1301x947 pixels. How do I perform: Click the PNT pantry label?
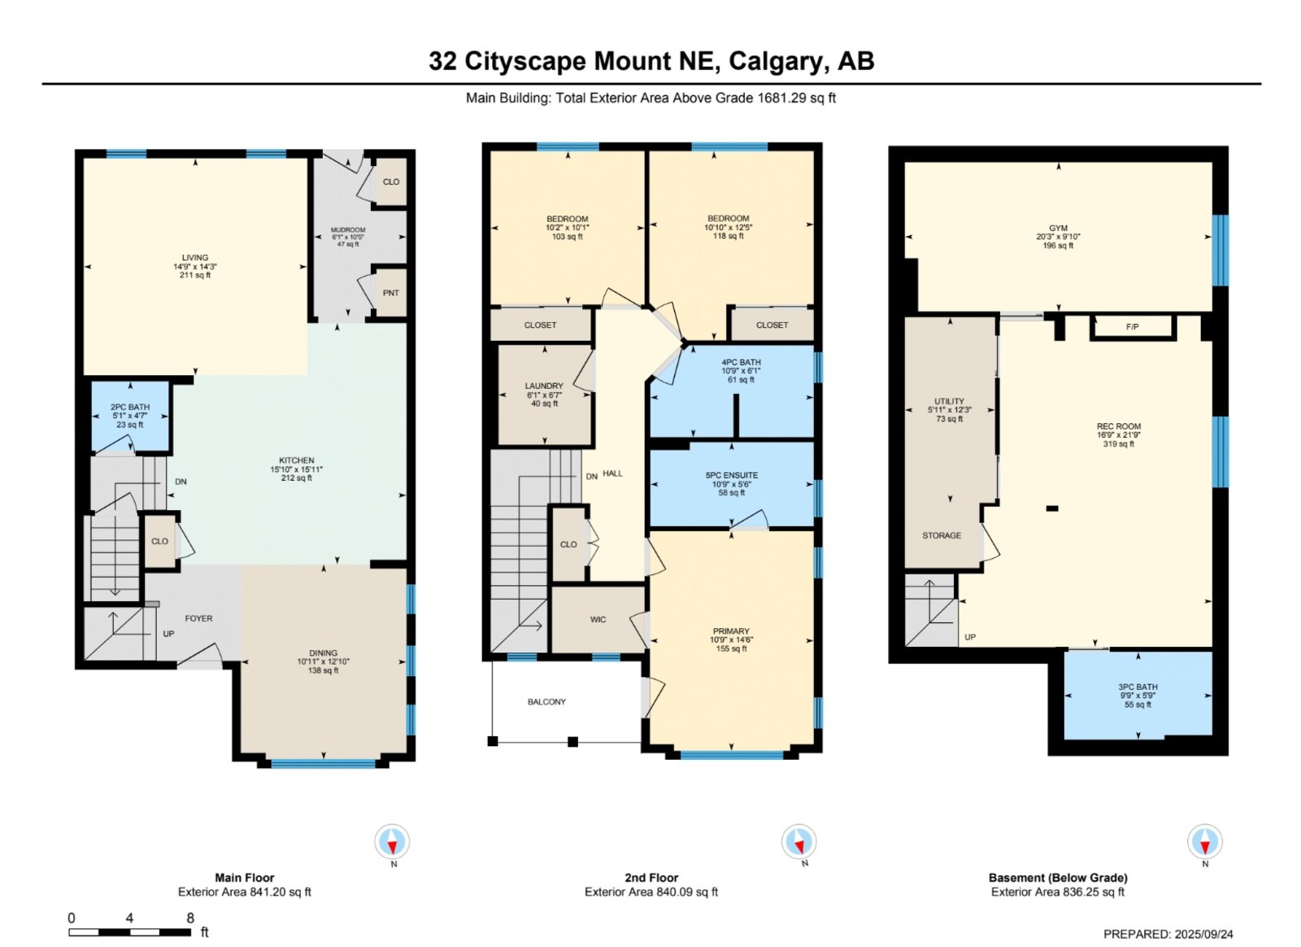[x=391, y=294]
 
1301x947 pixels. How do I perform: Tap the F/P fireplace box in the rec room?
[x=1133, y=327]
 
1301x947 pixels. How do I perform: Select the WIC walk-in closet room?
[x=598, y=619]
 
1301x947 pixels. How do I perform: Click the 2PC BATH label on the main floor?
[x=130, y=408]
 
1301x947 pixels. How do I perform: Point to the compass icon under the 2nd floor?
[x=798, y=841]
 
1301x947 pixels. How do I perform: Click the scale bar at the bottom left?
[x=129, y=932]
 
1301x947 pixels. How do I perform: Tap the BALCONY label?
[x=546, y=702]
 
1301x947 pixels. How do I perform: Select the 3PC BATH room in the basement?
[x=1138, y=696]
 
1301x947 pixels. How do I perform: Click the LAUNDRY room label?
[x=544, y=386]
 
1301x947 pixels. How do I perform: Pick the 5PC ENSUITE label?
[x=732, y=475]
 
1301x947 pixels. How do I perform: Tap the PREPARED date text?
[x=1168, y=934]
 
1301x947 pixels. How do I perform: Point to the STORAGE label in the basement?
[x=942, y=535]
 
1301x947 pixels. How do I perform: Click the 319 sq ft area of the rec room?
[x=1119, y=444]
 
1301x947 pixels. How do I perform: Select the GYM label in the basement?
[x=1058, y=229]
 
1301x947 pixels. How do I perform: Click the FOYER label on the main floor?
[x=198, y=618]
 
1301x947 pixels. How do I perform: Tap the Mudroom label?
[x=348, y=230]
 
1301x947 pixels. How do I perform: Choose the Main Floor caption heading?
[x=245, y=878]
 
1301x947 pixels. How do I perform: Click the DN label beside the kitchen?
[x=181, y=482]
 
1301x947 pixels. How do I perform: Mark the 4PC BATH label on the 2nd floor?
[x=741, y=362]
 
